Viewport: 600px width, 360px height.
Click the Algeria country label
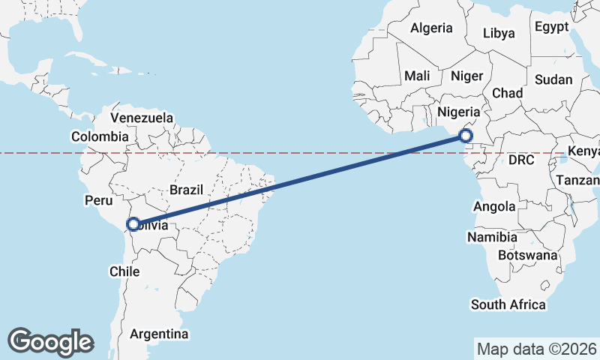[x=430, y=28]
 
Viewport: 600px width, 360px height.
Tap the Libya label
[x=499, y=33]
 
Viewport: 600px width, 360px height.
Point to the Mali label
[x=417, y=76]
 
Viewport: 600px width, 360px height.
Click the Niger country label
[x=466, y=76]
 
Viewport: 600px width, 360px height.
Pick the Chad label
[x=507, y=93]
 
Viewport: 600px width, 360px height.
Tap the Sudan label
[x=553, y=79]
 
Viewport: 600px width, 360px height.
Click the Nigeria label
[x=457, y=112]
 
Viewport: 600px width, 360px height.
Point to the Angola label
[x=496, y=206]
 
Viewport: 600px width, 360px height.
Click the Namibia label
[x=492, y=237]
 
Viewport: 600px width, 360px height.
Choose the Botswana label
[x=532, y=255]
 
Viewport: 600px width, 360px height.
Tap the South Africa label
[x=508, y=304]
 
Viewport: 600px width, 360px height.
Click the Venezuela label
[x=142, y=118]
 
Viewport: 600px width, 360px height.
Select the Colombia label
[x=100, y=136]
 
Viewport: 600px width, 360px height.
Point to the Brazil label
[x=186, y=190]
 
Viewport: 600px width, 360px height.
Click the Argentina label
[x=159, y=334]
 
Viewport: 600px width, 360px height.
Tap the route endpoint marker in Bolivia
[x=133, y=224]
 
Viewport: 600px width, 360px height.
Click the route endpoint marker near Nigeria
[x=466, y=136]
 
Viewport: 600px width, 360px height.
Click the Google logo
[x=50, y=341]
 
